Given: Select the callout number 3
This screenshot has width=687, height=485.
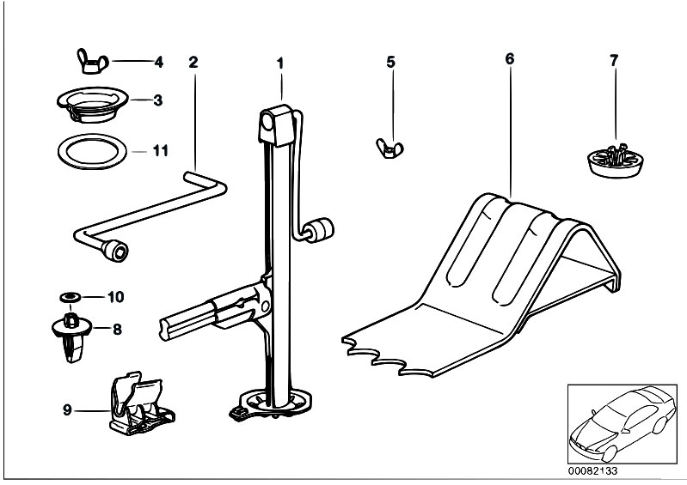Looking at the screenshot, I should point(158,100).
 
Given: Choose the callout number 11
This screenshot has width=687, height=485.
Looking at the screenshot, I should point(159,151).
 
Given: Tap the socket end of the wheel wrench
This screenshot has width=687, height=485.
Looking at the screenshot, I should point(114,251).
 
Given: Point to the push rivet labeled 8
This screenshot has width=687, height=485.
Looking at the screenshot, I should point(71,334).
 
